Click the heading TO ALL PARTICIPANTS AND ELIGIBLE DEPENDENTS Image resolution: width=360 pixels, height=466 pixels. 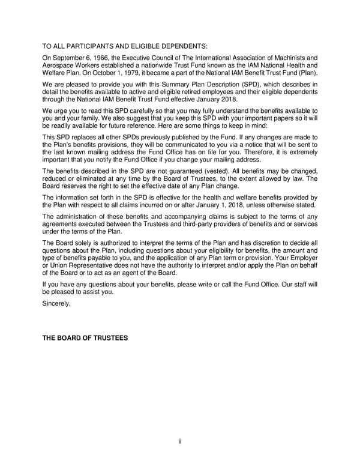(x=124, y=46)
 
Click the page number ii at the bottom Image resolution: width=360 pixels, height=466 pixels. (x=180, y=443)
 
